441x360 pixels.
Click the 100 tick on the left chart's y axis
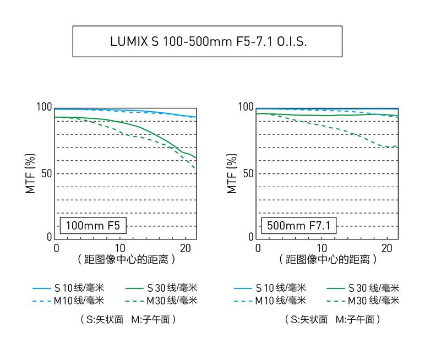click(x=45, y=107)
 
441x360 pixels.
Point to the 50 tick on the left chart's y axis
click(x=46, y=173)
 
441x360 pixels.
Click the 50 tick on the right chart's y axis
click(x=248, y=173)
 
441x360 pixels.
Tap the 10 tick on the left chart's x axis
click(x=120, y=248)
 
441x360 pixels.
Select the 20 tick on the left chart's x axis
click(x=184, y=248)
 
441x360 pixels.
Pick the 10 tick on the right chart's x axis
click(x=322, y=248)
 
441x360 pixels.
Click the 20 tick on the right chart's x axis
click(x=386, y=248)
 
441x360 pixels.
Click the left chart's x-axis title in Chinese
click(x=127, y=259)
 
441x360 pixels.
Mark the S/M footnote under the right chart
click(x=333, y=319)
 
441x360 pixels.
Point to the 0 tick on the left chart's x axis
click(x=56, y=248)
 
